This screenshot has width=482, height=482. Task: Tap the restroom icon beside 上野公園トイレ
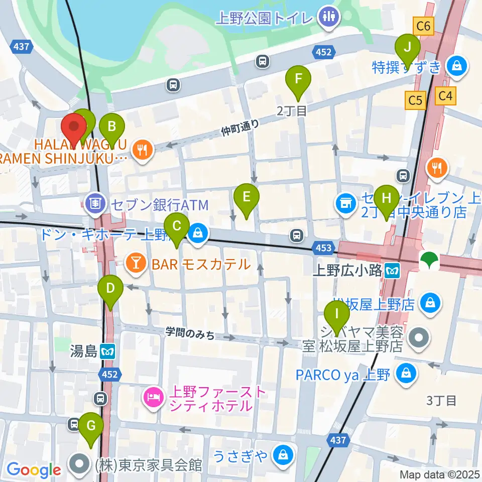(x=329, y=18)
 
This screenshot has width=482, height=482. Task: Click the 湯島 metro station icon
(x=106, y=351)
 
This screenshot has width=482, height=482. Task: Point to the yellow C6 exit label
(x=423, y=26)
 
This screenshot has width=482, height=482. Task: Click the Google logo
(x=34, y=470)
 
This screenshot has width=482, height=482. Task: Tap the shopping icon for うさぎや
(x=282, y=455)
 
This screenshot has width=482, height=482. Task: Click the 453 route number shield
(x=324, y=247)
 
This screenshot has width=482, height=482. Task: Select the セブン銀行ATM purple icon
(x=94, y=203)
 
